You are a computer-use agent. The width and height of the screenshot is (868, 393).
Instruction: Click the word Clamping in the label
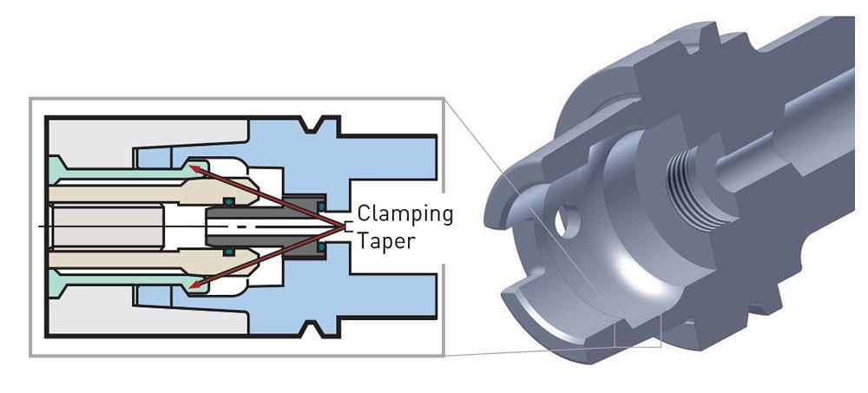[x=405, y=213]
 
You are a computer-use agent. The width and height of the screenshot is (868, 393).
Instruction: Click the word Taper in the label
[x=386, y=242]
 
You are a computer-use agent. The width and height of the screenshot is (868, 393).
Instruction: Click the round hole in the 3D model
[x=565, y=219]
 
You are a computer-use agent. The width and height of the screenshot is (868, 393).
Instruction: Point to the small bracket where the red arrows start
[x=348, y=226]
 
